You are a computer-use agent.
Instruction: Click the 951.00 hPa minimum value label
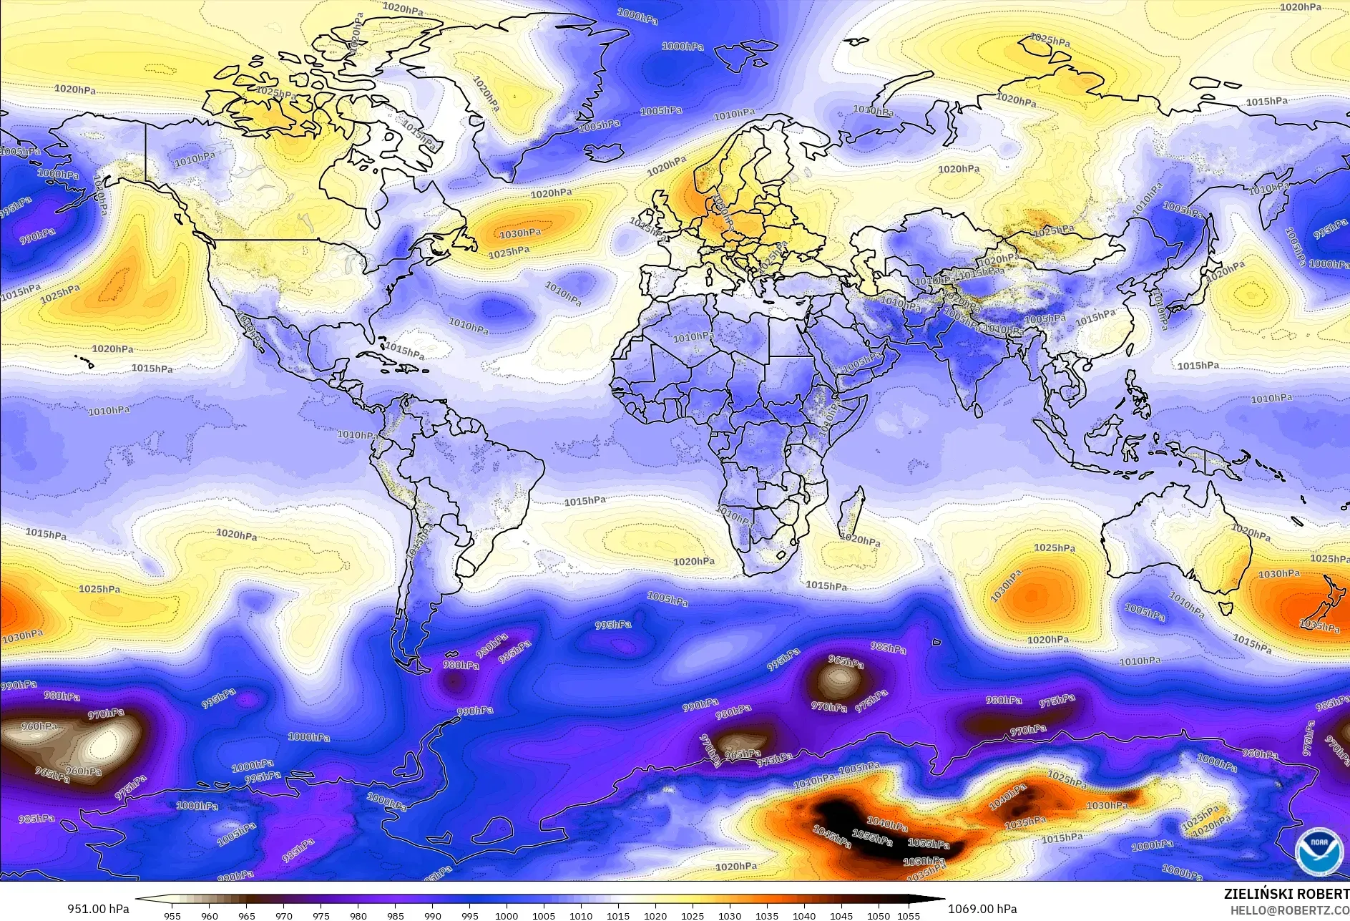pos(98,909)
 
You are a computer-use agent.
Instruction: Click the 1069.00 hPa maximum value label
pos(982,909)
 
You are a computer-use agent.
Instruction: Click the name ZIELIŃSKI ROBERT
pos(1286,894)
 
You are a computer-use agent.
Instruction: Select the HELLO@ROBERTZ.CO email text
pos(1286,910)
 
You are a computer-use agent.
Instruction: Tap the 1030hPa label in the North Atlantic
pos(520,233)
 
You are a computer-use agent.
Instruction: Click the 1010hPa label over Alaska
pos(195,158)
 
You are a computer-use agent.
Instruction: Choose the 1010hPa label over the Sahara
pos(693,336)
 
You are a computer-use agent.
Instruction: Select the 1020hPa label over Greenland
pos(486,93)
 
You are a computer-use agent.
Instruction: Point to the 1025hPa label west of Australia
pos(1054,547)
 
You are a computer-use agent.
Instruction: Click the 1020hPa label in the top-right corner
pos(1300,7)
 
